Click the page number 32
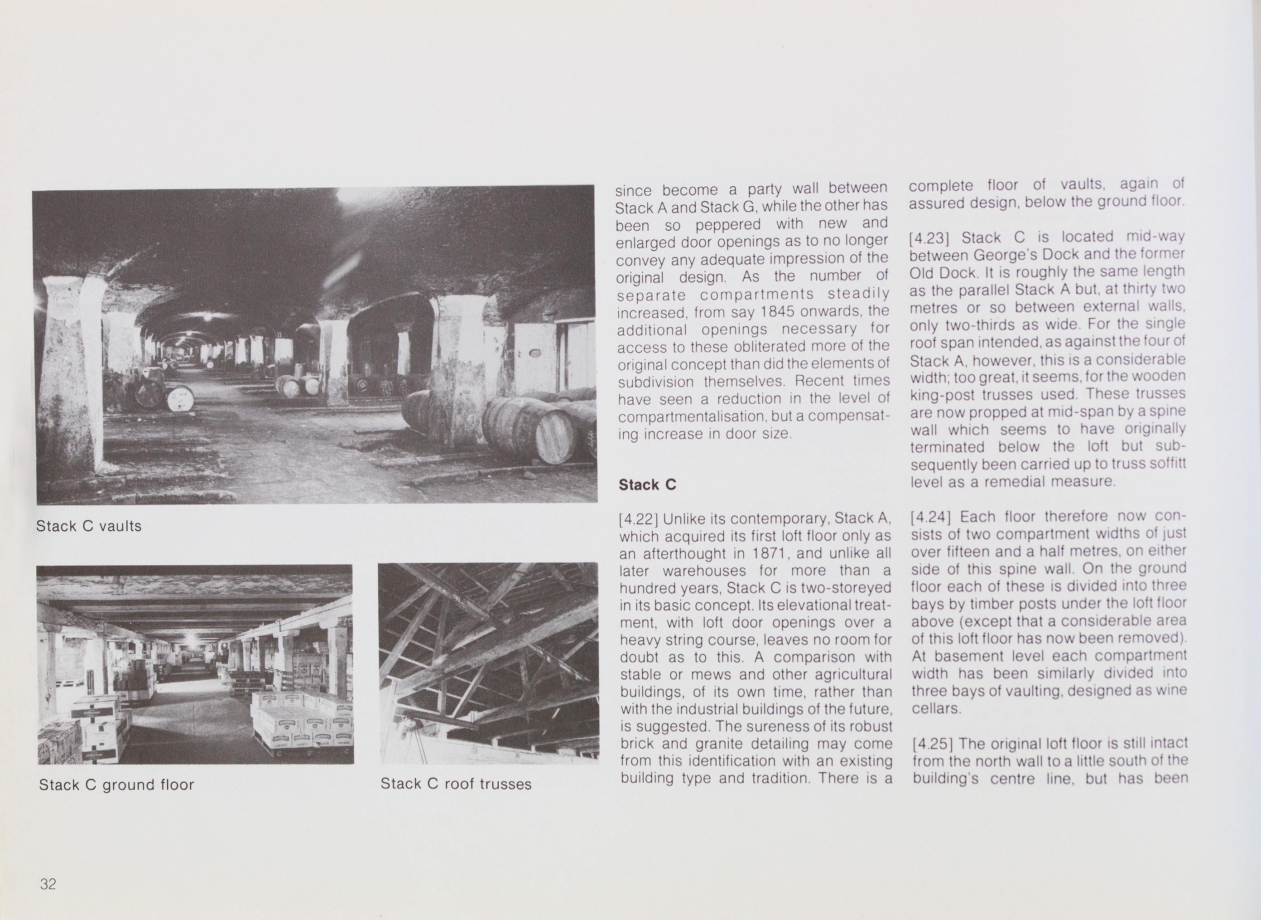tap(48, 884)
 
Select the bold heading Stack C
tap(647, 484)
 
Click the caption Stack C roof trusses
tap(456, 784)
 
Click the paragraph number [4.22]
tap(638, 519)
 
